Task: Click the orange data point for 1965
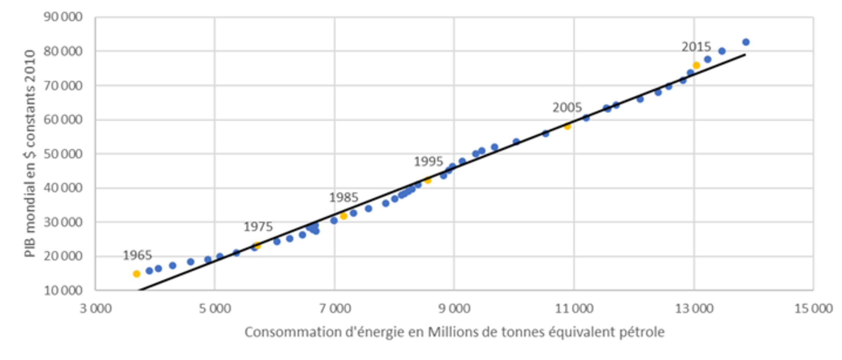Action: pyautogui.click(x=137, y=274)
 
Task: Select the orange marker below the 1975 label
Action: pyautogui.click(x=257, y=246)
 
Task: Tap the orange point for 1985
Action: pyautogui.click(x=344, y=216)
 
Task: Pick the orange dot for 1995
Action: pyautogui.click(x=428, y=180)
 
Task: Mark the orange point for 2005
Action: pyautogui.click(x=568, y=126)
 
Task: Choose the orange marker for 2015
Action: pyautogui.click(x=697, y=65)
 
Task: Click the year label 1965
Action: pyautogui.click(x=137, y=255)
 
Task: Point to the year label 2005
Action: pyautogui.click(x=567, y=108)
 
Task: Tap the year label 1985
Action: pyautogui.click(x=344, y=197)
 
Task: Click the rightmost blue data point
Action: pyautogui.click(x=746, y=42)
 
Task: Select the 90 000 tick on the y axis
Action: pyautogui.click(x=63, y=17)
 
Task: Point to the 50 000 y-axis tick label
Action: pyautogui.click(x=63, y=154)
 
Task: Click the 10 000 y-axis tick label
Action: pyautogui.click(x=63, y=290)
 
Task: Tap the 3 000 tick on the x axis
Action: pyautogui.click(x=96, y=308)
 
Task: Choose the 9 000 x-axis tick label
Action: pyautogui.click(x=454, y=308)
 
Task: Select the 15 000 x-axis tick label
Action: pyautogui.click(x=813, y=308)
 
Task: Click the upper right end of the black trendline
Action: pyautogui.click(x=745, y=55)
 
